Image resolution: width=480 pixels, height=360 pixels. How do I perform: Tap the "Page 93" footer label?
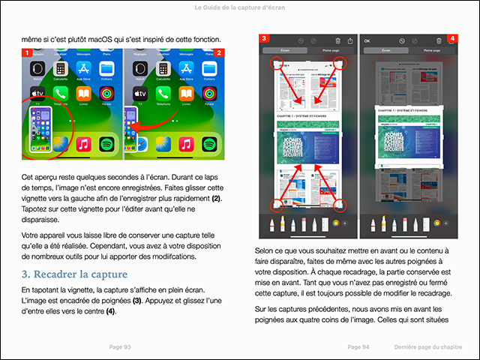pyautogui.click(x=120, y=347)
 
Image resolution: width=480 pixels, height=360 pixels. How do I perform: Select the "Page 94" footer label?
pyautogui.click(x=359, y=347)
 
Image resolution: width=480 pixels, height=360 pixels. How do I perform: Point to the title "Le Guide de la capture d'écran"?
pyautogui.click(x=239, y=7)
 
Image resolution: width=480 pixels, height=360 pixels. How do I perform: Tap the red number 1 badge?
pyautogui.click(x=26, y=53)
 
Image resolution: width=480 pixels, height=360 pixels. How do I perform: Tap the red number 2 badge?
pyautogui.click(x=219, y=53)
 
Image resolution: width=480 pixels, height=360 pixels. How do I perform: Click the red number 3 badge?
pyautogui.click(x=263, y=38)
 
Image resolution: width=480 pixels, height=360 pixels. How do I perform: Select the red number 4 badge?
pyautogui.click(x=452, y=38)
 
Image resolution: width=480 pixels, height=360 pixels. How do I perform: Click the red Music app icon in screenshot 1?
pyautogui.click(x=84, y=142)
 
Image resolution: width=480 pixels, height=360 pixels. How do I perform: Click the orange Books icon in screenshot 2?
pyautogui.click(x=185, y=95)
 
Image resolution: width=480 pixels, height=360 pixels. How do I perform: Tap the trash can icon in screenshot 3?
pyautogui.click(x=338, y=40)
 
